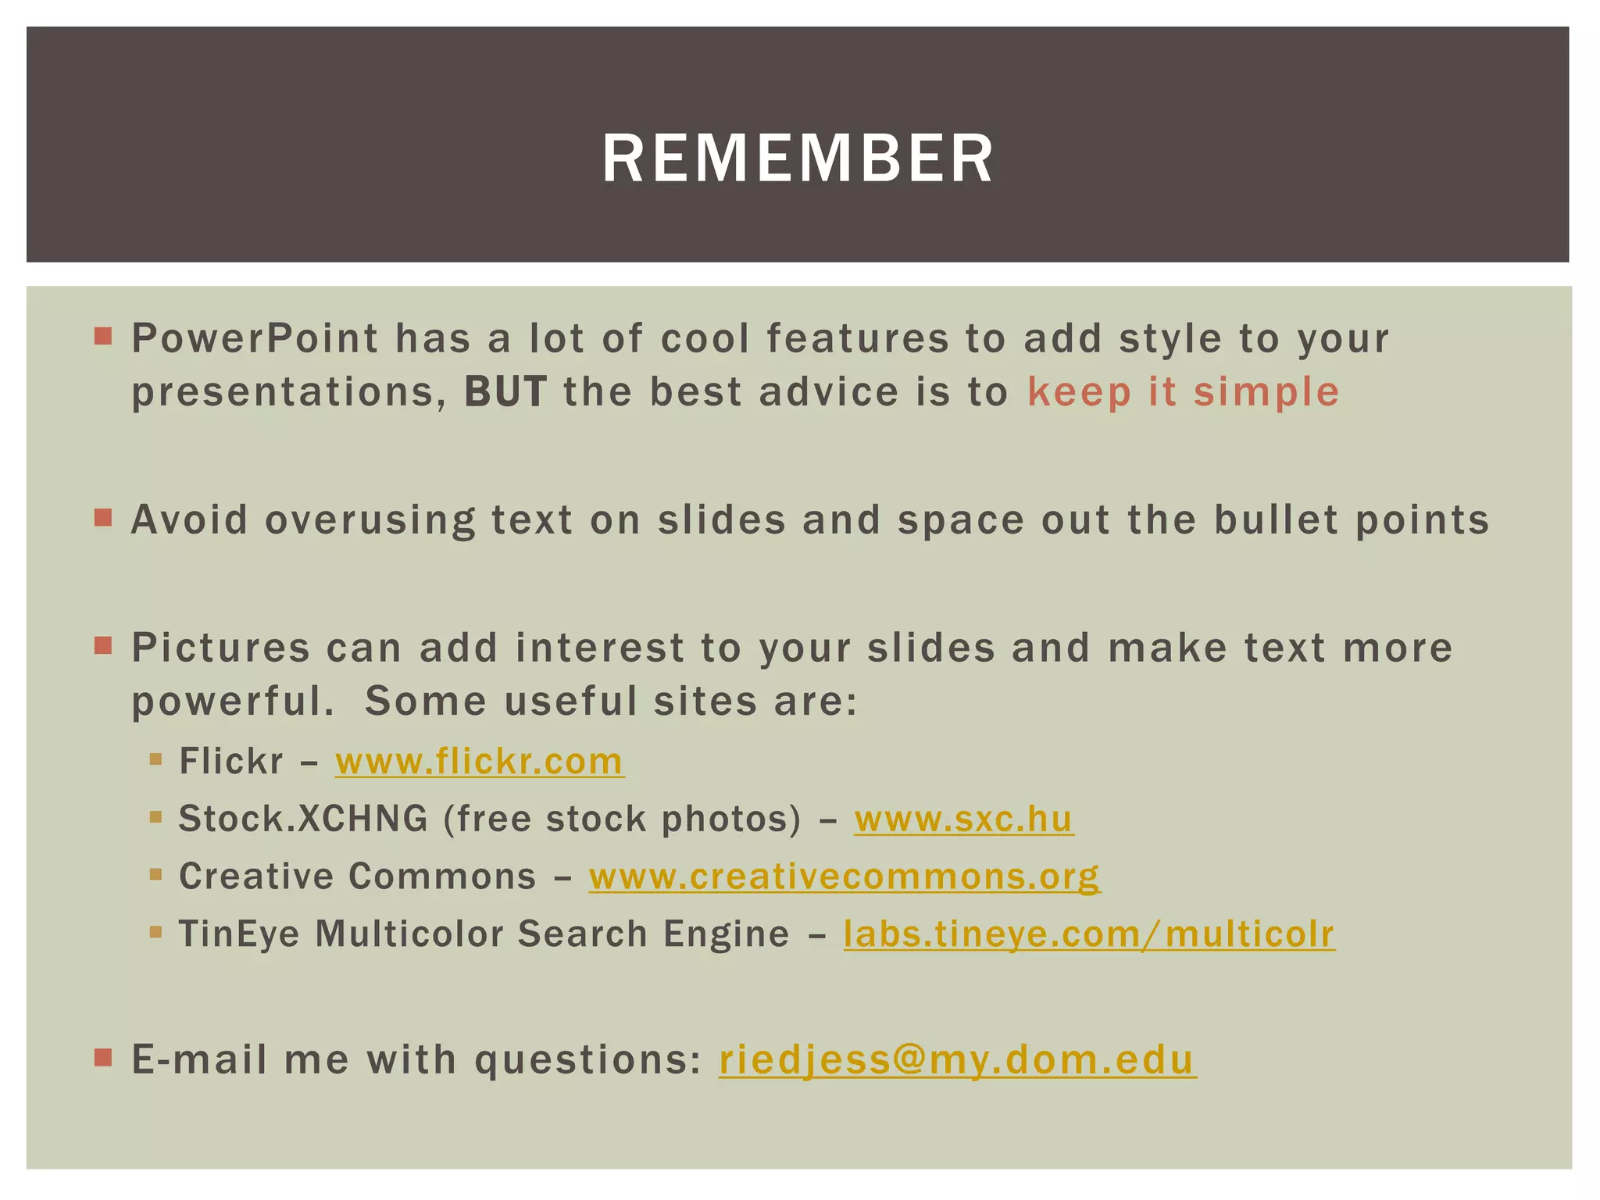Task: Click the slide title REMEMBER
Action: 798,159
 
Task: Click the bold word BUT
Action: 505,392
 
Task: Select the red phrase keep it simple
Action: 1183,392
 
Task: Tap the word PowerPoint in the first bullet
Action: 255,338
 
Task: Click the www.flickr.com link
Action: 479,761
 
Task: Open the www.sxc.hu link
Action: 963,819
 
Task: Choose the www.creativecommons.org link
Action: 844,876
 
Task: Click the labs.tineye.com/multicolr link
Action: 1089,934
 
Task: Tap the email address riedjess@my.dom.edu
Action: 957,1060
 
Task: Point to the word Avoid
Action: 190,520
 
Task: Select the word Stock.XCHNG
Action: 303,819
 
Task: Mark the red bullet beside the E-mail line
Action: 103,1059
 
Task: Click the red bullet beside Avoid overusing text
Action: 103,518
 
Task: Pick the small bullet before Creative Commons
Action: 155,874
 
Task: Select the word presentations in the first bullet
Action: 288,392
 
